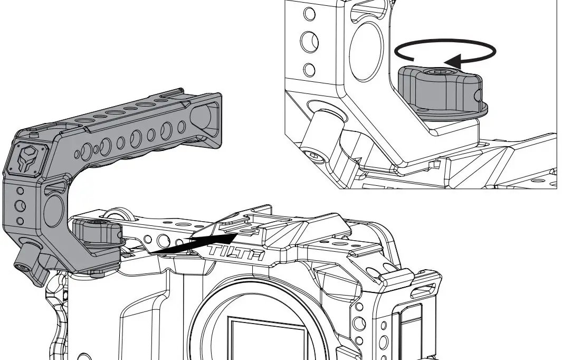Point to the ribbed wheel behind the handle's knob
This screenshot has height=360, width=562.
pyautogui.click(x=112, y=214)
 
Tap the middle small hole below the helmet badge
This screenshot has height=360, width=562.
pyautogui.click(x=20, y=205)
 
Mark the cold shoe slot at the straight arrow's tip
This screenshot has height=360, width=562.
pyautogui.click(x=242, y=230)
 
